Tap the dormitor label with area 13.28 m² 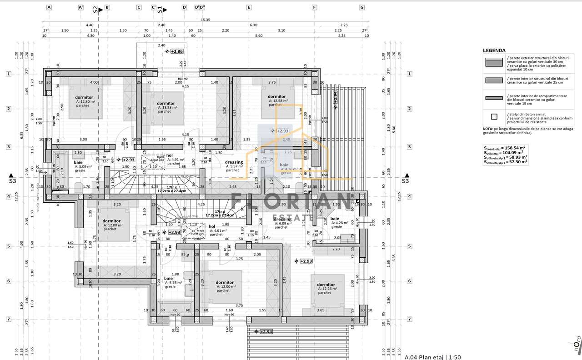point(166,103)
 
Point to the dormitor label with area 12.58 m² point(276,96)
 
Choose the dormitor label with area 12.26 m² point(326,285)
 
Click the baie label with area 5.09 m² point(78,162)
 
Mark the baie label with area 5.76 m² point(168,278)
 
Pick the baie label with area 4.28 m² point(335,219)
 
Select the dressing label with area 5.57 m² point(234,162)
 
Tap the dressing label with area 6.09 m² point(282,219)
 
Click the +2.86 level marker point(176,51)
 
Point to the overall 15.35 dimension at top point(206,20)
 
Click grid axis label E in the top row point(249,7)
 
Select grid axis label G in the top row point(362,7)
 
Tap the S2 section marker point(95,10)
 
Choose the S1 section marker point(160,10)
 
